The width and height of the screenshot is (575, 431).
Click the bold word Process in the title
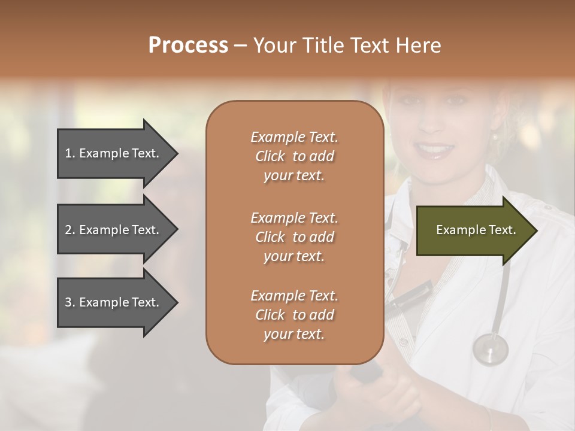coord(188,45)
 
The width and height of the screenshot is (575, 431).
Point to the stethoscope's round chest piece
coord(490,348)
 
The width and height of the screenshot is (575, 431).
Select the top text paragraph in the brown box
coord(294,156)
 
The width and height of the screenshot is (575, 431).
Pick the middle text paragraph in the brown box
coord(294,237)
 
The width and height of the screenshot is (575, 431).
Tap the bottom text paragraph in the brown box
coord(294,315)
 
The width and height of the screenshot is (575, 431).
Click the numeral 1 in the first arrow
coord(68,153)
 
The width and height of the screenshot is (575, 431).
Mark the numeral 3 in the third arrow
coord(68,302)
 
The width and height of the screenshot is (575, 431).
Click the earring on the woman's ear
coord(495,138)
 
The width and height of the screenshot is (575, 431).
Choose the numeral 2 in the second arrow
coord(68,230)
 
